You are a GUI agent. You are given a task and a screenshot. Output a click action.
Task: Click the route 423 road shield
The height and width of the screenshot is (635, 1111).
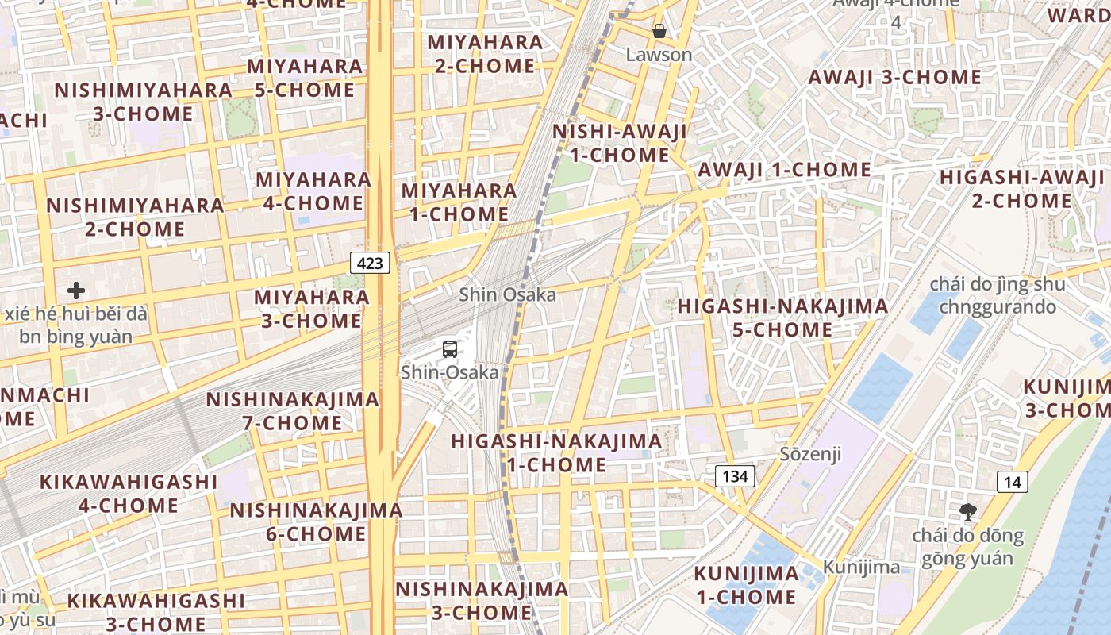click(x=371, y=263)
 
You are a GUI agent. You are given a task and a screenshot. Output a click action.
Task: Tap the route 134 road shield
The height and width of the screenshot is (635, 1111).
click(x=736, y=476)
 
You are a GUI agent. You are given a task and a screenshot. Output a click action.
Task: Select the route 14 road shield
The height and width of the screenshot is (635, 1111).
click(x=1013, y=482)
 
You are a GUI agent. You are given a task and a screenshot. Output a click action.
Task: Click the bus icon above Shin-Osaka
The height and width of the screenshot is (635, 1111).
click(x=450, y=348)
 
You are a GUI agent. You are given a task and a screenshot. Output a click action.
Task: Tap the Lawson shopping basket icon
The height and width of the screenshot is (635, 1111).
click(x=659, y=31)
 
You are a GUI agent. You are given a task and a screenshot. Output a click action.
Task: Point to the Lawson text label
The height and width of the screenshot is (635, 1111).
click(x=659, y=55)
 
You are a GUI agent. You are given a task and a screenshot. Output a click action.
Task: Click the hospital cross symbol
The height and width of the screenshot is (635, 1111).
click(x=76, y=291)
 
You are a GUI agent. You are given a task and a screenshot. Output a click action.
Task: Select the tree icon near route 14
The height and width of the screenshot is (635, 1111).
click(x=967, y=511)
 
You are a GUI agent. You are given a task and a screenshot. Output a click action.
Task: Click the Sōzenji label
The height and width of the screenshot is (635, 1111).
click(x=810, y=454)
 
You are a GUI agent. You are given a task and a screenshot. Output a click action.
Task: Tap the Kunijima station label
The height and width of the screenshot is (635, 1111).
click(x=861, y=567)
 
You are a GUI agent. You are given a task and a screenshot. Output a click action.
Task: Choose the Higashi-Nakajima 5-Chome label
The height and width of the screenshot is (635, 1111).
click(x=782, y=317)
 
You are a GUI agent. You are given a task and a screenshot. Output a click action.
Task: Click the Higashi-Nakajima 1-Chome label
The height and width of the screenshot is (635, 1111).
click(x=556, y=452)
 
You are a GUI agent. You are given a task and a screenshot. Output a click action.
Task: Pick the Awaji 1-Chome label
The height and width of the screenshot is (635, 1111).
click(x=784, y=170)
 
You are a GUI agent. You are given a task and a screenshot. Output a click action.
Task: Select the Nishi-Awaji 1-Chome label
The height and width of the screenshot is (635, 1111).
click(x=620, y=143)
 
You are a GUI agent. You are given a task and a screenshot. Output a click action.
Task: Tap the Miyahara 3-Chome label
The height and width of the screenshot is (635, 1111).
click(x=311, y=309)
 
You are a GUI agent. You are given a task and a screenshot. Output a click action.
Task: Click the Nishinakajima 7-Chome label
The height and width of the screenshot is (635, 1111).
click(x=293, y=411)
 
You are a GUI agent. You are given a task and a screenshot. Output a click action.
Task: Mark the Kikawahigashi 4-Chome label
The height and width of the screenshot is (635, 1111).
click(x=129, y=493)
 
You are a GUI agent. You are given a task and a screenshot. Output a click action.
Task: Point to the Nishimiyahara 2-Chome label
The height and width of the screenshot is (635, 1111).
click(x=135, y=217)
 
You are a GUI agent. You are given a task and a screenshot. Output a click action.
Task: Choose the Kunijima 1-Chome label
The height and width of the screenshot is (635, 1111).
click(x=746, y=585)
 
